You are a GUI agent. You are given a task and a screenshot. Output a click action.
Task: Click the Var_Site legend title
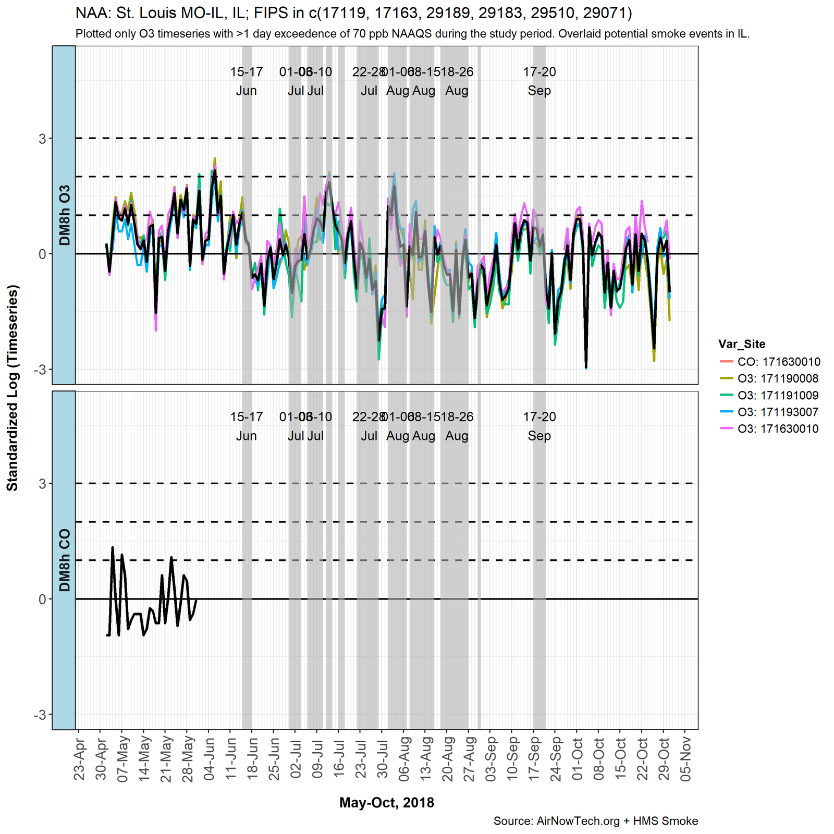point(742,344)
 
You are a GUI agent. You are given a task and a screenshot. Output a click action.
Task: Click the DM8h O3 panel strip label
point(64,215)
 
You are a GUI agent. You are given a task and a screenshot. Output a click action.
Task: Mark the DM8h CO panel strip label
point(64,560)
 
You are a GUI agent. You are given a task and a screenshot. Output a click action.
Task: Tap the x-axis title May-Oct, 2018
point(386,803)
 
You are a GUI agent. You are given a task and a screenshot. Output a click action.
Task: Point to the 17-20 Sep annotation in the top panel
point(539,81)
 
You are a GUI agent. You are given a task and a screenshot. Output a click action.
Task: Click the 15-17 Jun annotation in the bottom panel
point(247,426)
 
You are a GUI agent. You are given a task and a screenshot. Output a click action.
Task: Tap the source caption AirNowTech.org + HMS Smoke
point(595,821)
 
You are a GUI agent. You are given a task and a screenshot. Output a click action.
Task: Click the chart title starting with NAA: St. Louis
point(353,13)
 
